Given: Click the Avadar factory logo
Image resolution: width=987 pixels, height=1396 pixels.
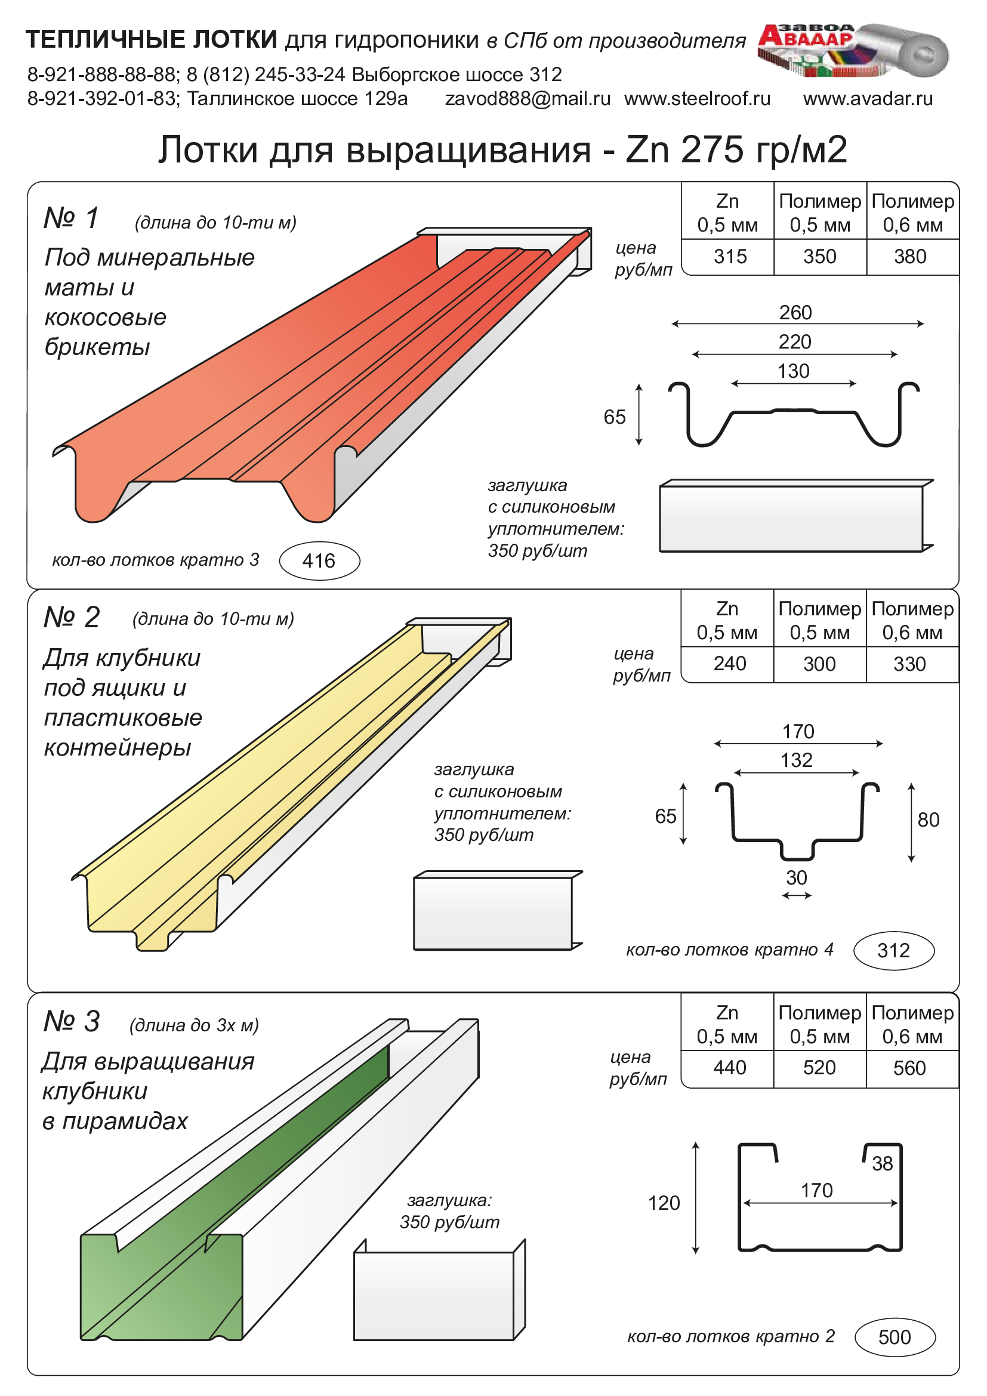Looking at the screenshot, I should coord(852,51).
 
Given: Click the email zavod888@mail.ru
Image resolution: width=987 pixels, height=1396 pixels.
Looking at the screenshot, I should coord(528,98).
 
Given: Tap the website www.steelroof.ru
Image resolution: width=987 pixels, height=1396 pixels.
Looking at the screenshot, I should coord(697,98).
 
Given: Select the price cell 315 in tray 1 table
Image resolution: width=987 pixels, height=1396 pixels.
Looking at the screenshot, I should coord(730,257).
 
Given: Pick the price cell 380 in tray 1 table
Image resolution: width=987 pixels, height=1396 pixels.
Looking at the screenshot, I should coord(910,257).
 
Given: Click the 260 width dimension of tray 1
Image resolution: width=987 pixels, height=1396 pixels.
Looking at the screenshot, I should coord(795,313).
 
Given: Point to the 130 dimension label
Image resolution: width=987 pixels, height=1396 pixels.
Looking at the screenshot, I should coord(793,371).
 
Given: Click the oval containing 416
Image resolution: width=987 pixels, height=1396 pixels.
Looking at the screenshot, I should coord(319,560).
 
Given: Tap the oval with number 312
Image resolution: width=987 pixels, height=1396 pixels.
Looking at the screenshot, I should coord(893,950).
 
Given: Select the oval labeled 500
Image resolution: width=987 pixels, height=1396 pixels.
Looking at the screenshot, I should coord(895,1337).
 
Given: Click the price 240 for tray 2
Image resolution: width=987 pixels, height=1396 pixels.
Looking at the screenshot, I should coord(729,663).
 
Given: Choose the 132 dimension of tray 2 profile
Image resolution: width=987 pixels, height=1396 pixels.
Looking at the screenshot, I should coord(796,760).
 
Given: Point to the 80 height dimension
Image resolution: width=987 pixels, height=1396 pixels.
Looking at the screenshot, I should coord(928,819).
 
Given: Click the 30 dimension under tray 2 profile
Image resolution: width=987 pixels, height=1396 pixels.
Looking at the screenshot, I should coord(796,878).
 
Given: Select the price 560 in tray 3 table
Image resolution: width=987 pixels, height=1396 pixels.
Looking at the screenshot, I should coord(909,1068).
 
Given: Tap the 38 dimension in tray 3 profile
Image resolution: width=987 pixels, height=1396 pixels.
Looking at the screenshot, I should coord(882,1163).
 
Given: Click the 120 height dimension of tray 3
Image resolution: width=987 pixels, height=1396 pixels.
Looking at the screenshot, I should coord(664,1203).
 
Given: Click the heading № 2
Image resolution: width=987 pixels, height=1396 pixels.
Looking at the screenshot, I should coord(72,618).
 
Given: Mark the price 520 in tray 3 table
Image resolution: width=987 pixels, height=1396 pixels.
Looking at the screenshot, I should coord(819,1067).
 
